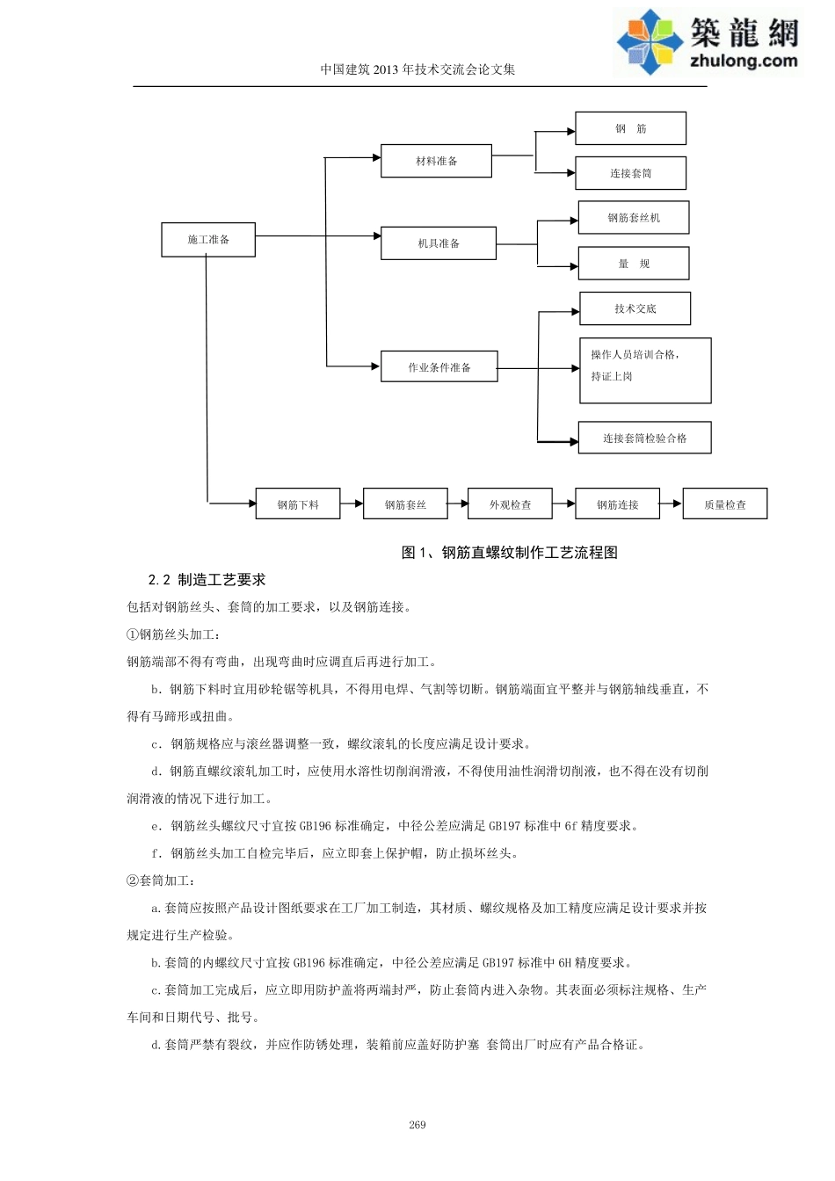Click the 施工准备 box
pyautogui.click(x=208, y=240)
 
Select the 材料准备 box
pyautogui.click(x=436, y=161)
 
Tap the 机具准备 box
pyautogui.click(x=438, y=243)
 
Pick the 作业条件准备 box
pyautogui.click(x=439, y=367)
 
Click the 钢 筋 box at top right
pyautogui.click(x=630, y=128)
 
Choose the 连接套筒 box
pyautogui.click(x=630, y=173)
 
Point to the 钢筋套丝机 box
pyautogui.click(x=633, y=218)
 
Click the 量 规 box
pyautogui.click(x=633, y=264)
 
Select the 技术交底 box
pyautogui.click(x=635, y=308)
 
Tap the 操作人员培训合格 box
pyautogui.click(x=644, y=370)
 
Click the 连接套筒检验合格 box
pyautogui.click(x=644, y=438)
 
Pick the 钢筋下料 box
pyautogui.click(x=298, y=504)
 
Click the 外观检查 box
pyautogui.click(x=510, y=504)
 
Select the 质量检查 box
pyautogui.click(x=724, y=504)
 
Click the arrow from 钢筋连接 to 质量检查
pyautogui.click(x=672, y=504)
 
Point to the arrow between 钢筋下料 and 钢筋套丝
pyautogui.click(x=352, y=504)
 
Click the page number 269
pyautogui.click(x=417, y=1125)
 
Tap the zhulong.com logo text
pyautogui.click(x=744, y=61)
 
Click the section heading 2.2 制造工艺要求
pyautogui.click(x=207, y=580)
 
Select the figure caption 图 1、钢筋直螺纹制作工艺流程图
pyautogui.click(x=509, y=553)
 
